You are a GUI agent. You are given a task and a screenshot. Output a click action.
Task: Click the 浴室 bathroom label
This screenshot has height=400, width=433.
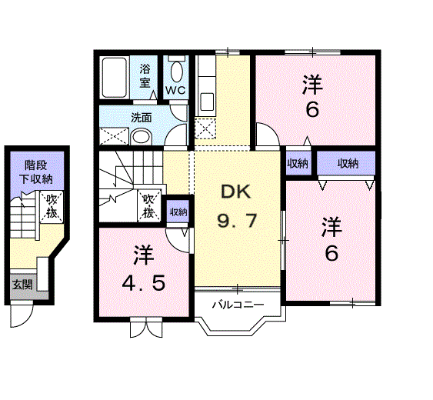click(145, 75)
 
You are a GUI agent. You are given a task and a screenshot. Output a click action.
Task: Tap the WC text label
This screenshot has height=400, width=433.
click(176, 90)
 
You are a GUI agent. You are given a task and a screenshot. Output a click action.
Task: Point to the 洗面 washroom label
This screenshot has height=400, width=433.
click(141, 118)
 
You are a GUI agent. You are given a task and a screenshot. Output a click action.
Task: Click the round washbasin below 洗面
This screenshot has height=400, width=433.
click(141, 136)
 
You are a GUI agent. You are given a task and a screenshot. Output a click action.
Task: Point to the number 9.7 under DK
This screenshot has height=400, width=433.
click(236, 222)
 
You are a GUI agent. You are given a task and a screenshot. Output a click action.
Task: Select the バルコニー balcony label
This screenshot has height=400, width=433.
click(238, 305)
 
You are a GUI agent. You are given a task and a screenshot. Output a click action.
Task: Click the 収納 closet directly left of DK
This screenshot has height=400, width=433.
click(178, 212)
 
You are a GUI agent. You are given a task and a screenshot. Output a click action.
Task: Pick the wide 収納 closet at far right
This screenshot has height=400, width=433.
click(347, 163)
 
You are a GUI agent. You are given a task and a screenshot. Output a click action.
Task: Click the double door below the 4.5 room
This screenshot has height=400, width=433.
click(146, 328)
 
